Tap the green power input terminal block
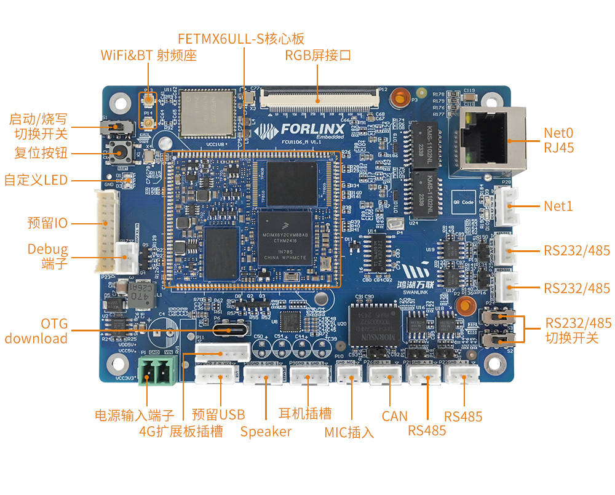(x=155, y=371)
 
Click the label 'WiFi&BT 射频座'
(x=148, y=55)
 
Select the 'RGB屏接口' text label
(x=318, y=55)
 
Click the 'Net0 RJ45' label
(x=558, y=140)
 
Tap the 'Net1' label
(x=558, y=206)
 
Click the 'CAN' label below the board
(x=394, y=416)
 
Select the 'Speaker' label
(x=266, y=431)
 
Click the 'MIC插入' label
(x=349, y=432)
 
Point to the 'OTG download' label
(x=37, y=331)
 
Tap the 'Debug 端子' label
(x=47, y=256)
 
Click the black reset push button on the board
(x=116, y=151)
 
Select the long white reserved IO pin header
(x=105, y=231)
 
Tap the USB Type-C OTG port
(x=231, y=330)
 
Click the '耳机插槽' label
(x=305, y=413)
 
